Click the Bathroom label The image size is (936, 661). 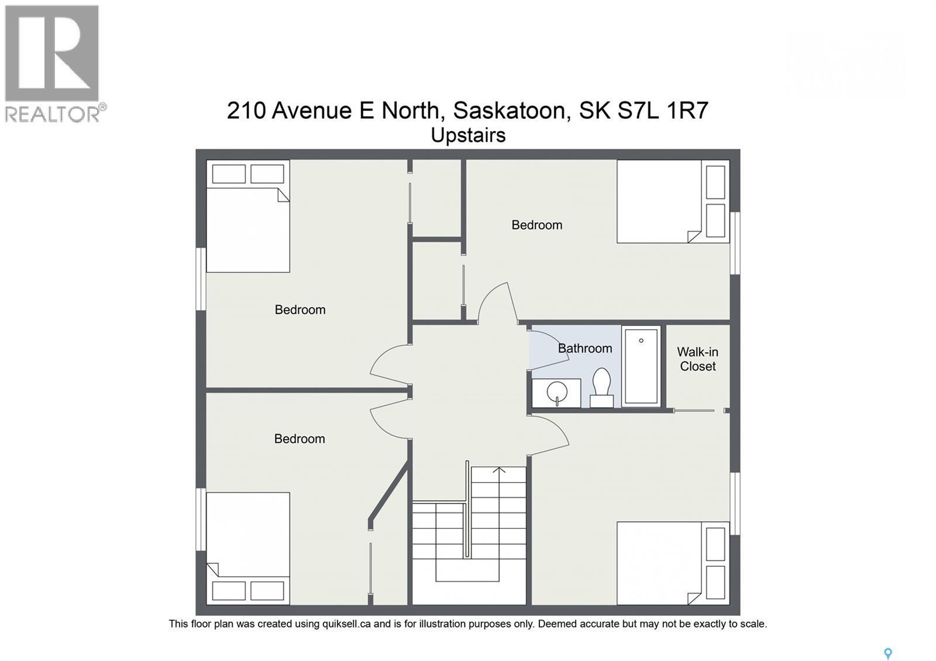(x=584, y=349)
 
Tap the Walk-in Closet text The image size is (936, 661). (x=697, y=359)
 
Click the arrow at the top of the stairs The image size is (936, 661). (x=499, y=470)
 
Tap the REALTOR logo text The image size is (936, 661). (x=53, y=113)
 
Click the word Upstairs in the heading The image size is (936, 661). (x=468, y=136)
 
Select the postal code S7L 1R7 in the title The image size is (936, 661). (x=663, y=110)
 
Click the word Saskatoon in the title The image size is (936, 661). (x=508, y=110)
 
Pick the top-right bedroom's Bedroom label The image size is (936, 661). (x=536, y=225)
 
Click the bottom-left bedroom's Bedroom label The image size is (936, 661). (x=299, y=439)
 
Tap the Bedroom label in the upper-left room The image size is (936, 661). (x=300, y=310)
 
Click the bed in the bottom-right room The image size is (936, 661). (x=659, y=563)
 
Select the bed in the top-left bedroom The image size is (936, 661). (x=248, y=229)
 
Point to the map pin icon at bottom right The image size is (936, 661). (x=887, y=653)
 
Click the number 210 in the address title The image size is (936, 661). (x=246, y=110)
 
